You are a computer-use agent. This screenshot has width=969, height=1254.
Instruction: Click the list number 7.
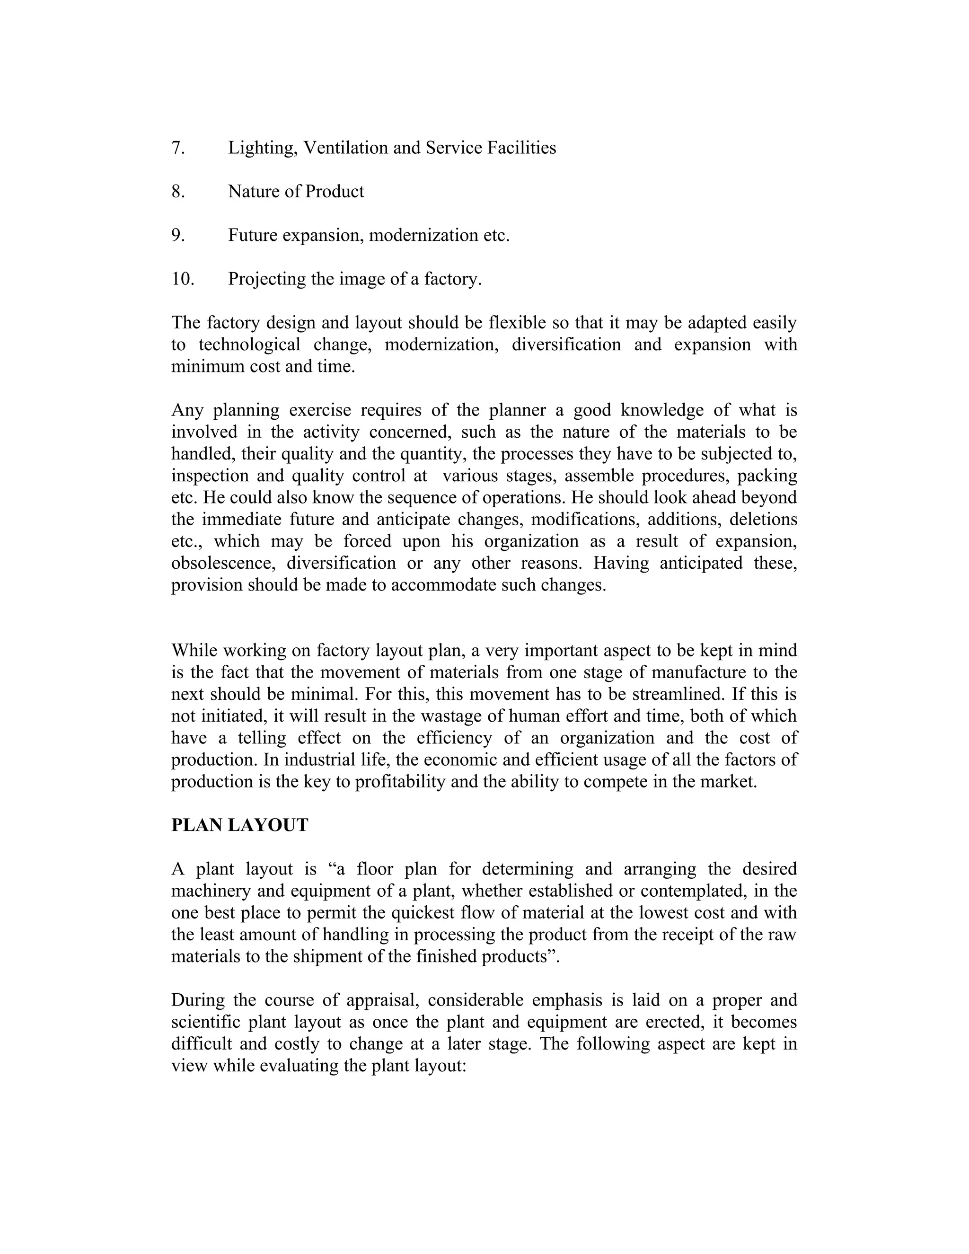[x=178, y=148]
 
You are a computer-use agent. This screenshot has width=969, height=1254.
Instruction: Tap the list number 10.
[x=183, y=279]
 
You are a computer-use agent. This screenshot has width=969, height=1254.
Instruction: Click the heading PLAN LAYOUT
[x=239, y=826]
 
